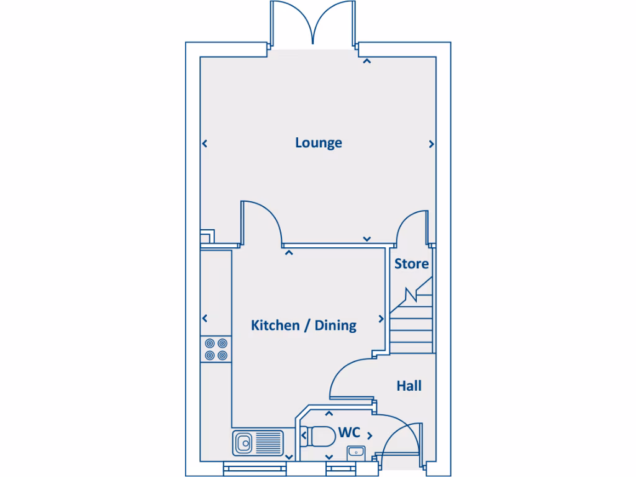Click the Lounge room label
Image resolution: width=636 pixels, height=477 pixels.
tap(318, 143)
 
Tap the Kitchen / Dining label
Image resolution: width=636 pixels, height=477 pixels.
tap(303, 325)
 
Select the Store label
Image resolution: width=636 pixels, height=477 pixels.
tap(411, 263)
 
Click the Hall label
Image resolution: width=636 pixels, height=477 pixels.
tap(409, 386)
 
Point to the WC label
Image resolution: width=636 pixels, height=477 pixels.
tap(350, 432)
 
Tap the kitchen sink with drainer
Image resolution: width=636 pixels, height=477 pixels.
tap(257, 443)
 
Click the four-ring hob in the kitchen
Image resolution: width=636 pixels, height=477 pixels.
tap(216, 349)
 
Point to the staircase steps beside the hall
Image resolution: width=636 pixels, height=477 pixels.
tap(411, 326)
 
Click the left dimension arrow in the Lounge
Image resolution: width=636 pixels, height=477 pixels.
tap(204, 144)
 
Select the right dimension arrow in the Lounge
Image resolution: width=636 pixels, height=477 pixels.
tap(432, 144)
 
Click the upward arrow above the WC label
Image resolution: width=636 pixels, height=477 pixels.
tap(329, 414)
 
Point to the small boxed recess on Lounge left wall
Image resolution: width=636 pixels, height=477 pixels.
tap(207, 237)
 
